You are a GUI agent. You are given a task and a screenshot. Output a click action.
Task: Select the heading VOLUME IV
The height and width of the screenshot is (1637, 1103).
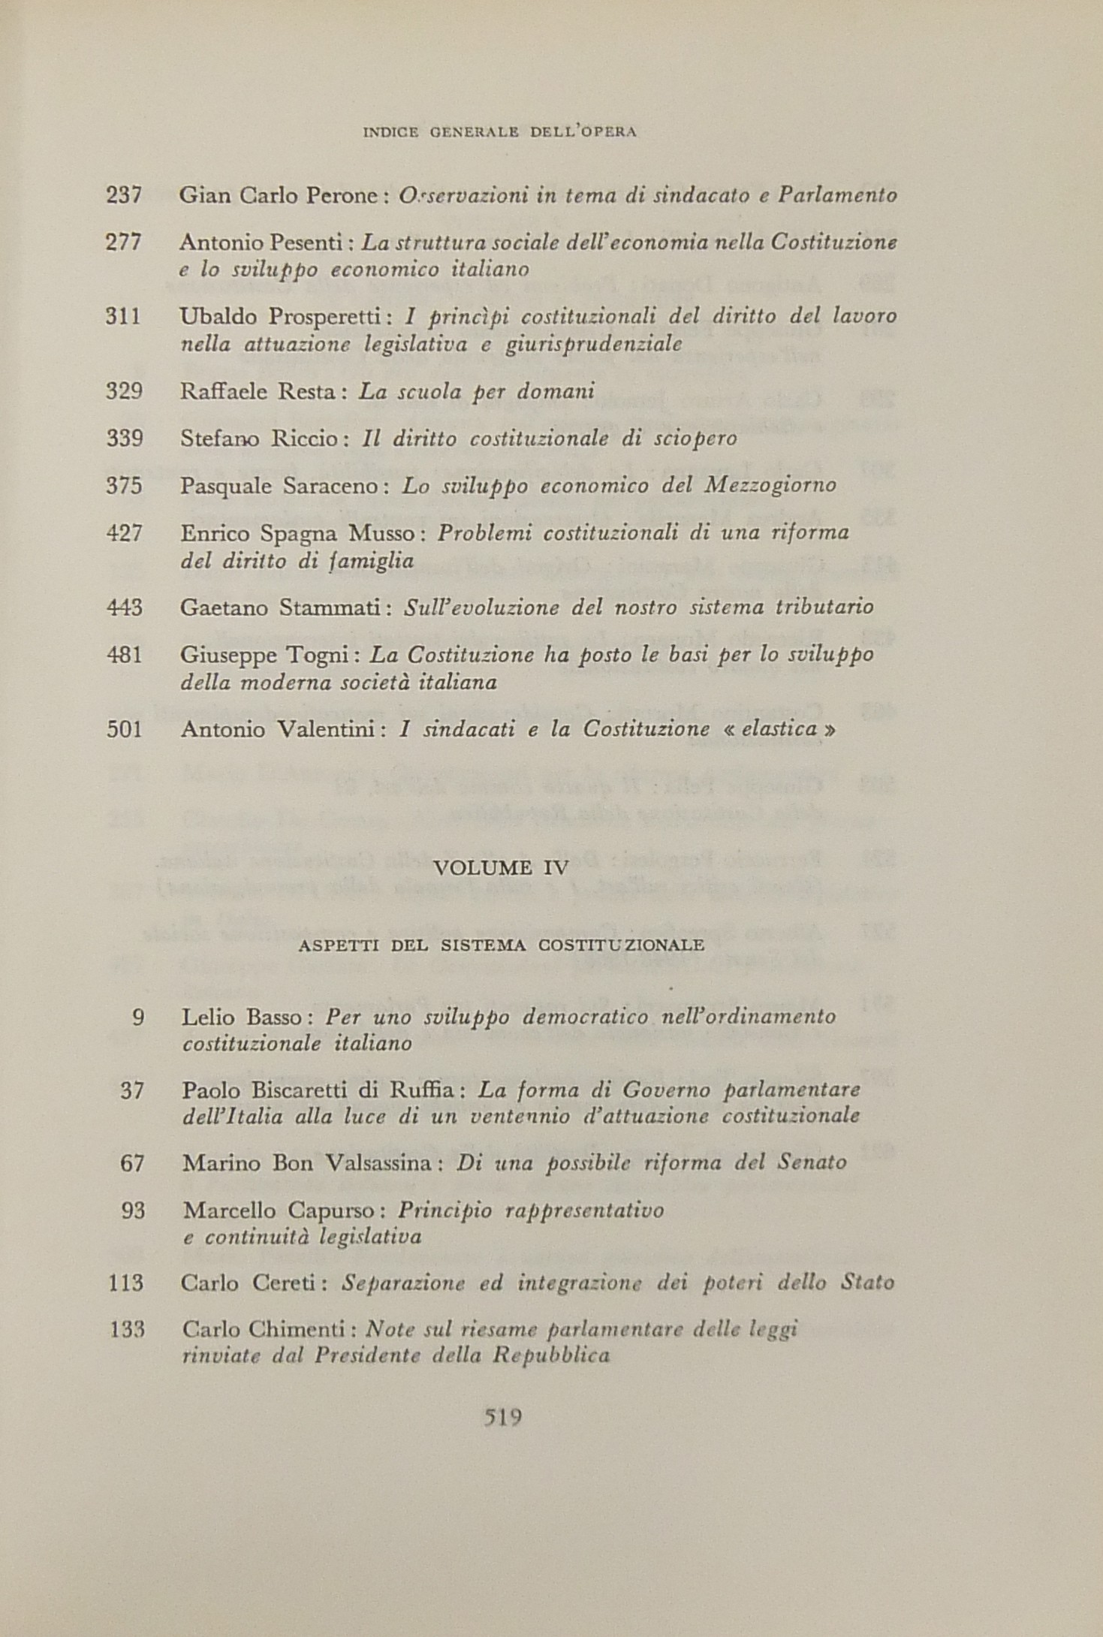(501, 868)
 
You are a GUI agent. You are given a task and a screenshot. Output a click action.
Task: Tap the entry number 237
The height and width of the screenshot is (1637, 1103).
(124, 196)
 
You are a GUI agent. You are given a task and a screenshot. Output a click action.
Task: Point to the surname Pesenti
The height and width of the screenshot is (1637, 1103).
(309, 243)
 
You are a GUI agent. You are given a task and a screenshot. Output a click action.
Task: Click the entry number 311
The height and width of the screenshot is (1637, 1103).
(124, 317)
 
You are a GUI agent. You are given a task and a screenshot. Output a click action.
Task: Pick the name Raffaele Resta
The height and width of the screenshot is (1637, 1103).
(259, 392)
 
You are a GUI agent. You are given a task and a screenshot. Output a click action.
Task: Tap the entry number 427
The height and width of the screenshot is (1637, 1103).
(124, 533)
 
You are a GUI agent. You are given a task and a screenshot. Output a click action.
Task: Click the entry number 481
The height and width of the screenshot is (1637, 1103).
(124, 655)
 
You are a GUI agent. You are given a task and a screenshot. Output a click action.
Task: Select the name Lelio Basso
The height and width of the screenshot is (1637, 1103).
(242, 1017)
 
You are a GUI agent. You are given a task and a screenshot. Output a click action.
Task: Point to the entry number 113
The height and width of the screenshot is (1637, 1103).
(125, 1283)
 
